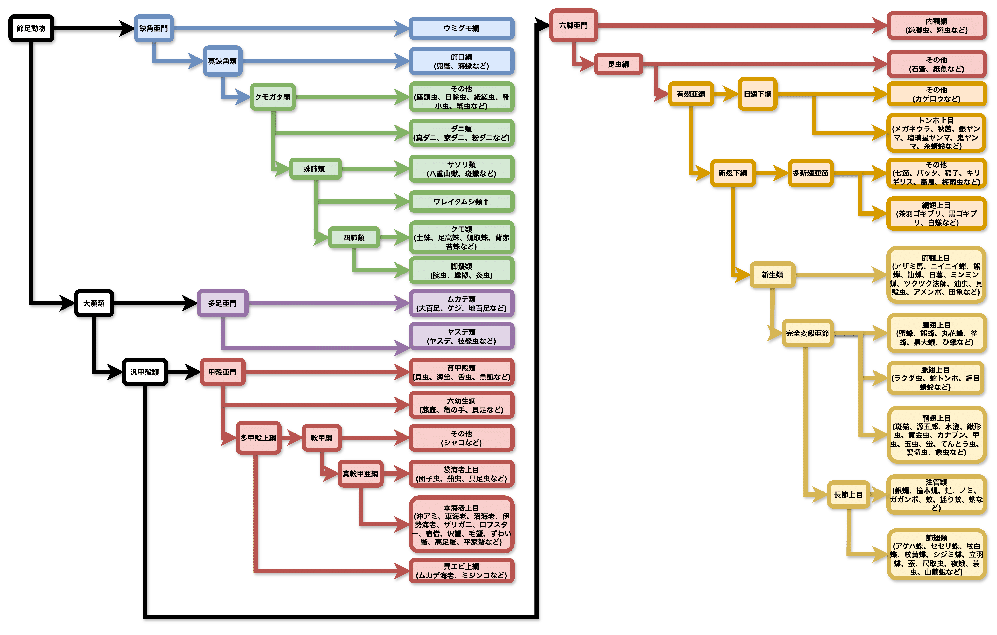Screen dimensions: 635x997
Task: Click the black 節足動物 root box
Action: click(31, 29)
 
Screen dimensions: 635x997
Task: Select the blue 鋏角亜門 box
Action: click(154, 29)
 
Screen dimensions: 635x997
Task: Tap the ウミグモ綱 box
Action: click(461, 29)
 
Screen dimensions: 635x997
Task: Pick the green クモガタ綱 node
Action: click(272, 97)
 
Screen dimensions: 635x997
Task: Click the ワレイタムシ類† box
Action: click(461, 202)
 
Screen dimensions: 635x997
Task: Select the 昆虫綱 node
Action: click(618, 64)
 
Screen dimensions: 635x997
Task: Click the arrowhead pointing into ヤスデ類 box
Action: click(402, 347)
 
